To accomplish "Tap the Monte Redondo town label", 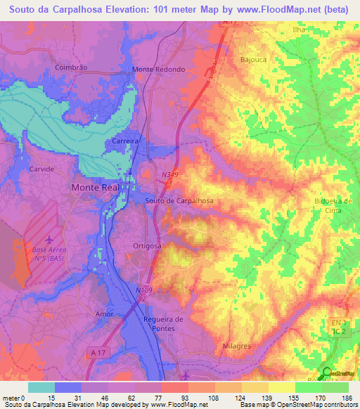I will (x=159, y=70).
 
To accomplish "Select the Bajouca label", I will (x=254, y=60).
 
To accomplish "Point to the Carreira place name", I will (x=126, y=141).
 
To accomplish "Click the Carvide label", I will (x=41, y=169).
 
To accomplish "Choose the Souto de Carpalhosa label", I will (x=179, y=200).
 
